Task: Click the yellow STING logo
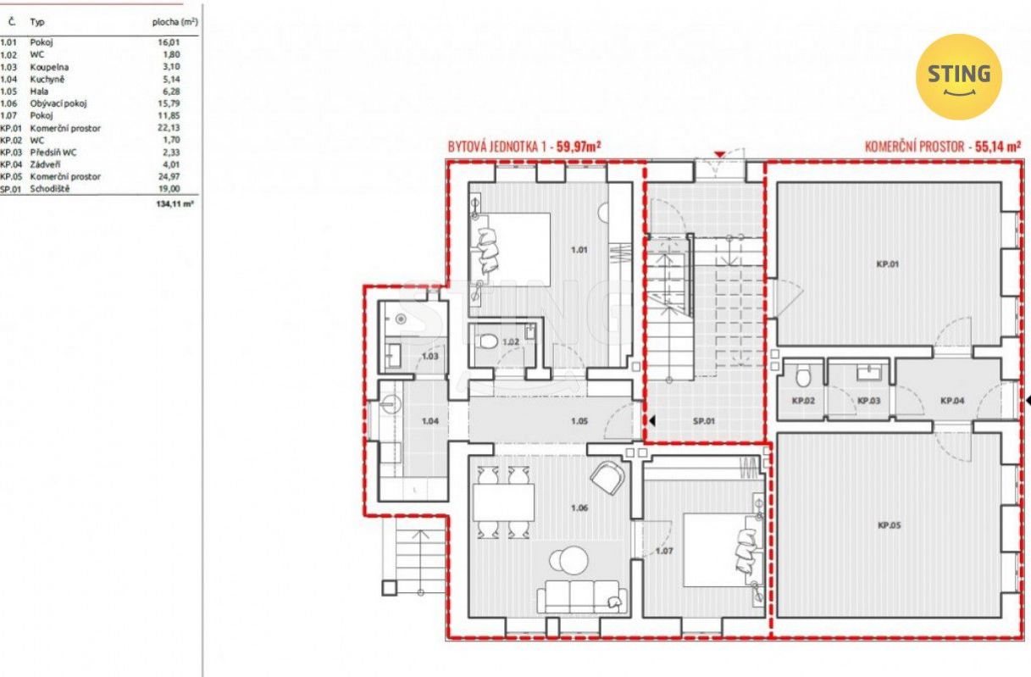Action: coord(959,77)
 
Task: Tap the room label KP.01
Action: coord(887,264)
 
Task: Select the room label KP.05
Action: coord(889,525)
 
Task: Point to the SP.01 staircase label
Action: coord(704,420)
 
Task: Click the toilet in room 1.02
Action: coord(487,341)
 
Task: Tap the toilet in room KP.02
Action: coord(804,376)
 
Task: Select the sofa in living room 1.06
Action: coord(581,596)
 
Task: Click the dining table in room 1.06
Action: coord(503,502)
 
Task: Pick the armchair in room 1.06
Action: coord(607,478)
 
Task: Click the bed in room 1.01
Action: coord(510,249)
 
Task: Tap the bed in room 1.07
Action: coord(723,550)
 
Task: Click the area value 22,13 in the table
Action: coord(169,127)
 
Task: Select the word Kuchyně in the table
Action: coord(47,79)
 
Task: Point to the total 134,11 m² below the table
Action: coord(175,203)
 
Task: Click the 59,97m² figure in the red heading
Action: coord(579,147)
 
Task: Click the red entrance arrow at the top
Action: coord(720,154)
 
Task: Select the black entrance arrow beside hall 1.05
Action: coord(651,420)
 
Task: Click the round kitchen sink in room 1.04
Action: coord(391,405)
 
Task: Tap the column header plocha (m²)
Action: coord(175,22)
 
